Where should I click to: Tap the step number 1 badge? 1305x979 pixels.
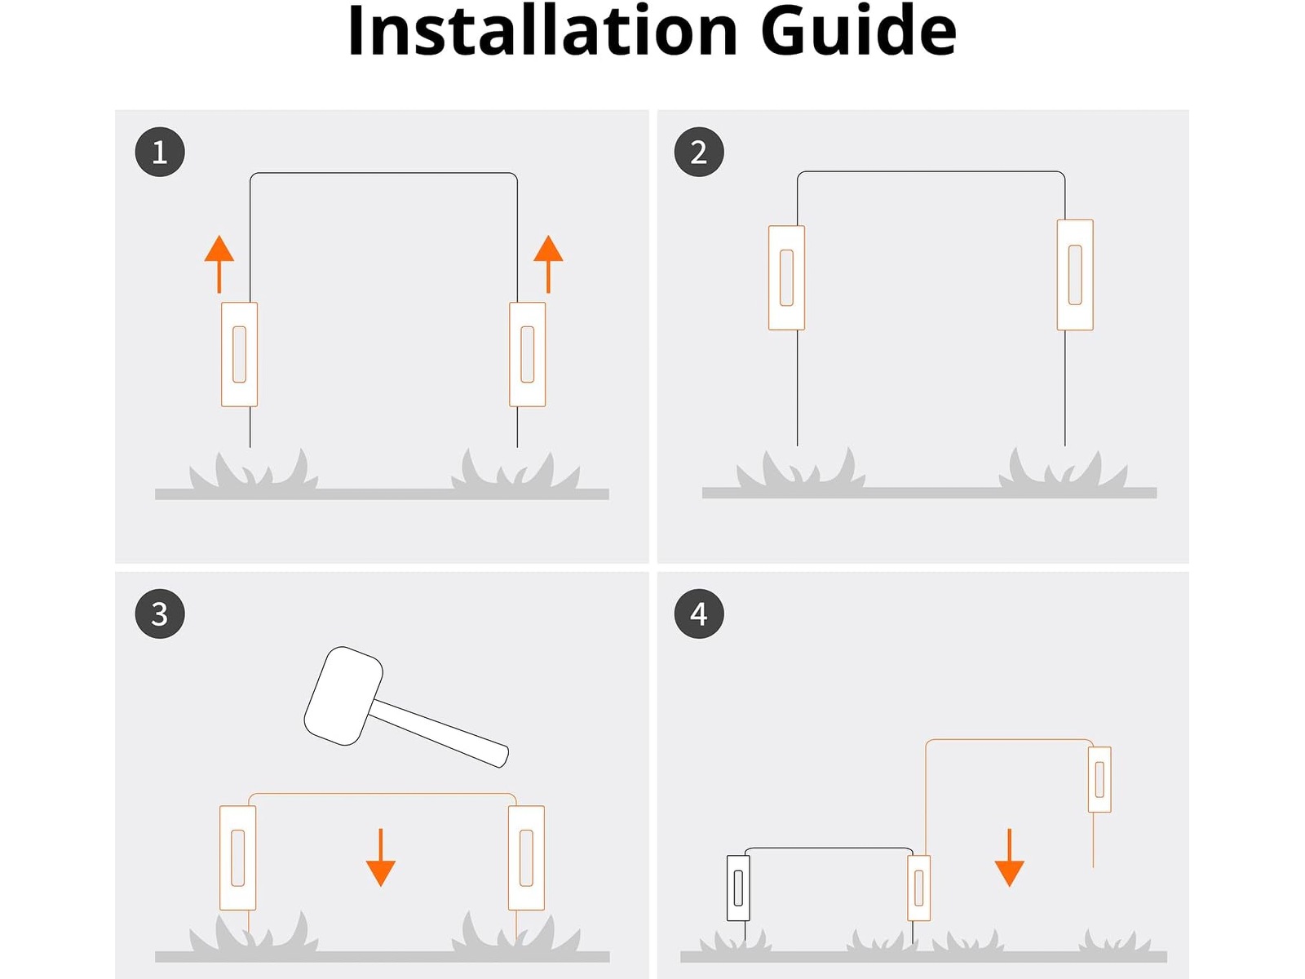tap(160, 153)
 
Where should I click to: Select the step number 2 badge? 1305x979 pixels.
tap(698, 153)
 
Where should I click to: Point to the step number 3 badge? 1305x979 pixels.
tap(160, 614)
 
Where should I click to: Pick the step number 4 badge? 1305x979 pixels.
tap(698, 614)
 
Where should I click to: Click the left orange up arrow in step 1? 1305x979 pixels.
tap(219, 264)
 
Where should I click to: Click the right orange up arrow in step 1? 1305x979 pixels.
tap(548, 264)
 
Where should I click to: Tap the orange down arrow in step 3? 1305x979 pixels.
tap(381, 857)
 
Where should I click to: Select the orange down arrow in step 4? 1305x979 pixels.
tap(1009, 857)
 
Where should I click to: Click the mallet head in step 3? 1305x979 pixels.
tap(343, 696)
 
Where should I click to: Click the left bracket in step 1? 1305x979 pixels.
tap(240, 354)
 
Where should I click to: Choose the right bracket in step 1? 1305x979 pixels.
tap(528, 354)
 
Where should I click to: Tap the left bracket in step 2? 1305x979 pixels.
tap(786, 277)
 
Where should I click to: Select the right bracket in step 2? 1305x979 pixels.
tap(1075, 275)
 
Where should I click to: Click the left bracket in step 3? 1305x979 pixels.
tap(238, 857)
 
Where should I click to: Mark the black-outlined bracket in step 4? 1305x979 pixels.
tap(738, 888)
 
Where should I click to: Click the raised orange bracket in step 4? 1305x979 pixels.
tap(1099, 779)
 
